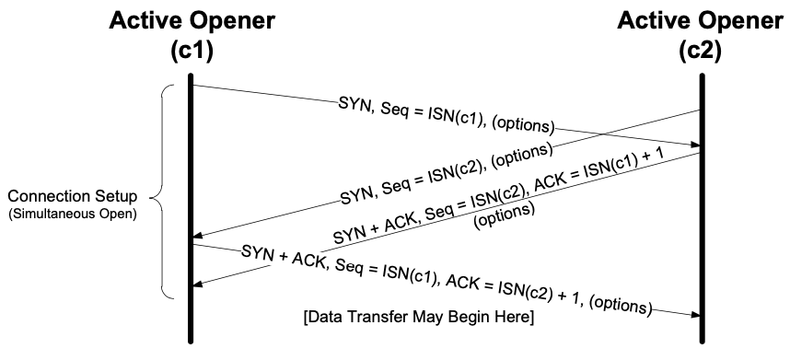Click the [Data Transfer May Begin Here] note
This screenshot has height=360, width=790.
(x=419, y=318)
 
